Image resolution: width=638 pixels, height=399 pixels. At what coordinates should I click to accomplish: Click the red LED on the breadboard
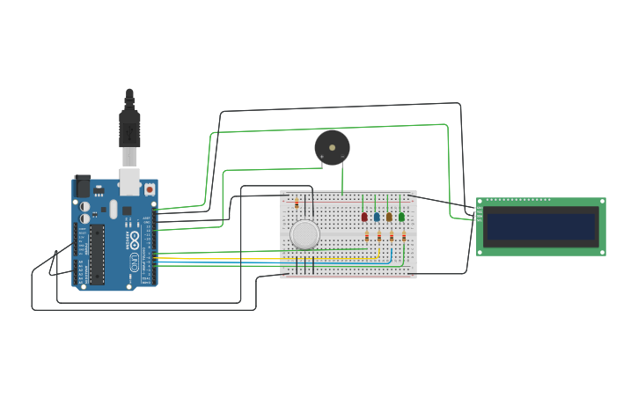[x=364, y=217]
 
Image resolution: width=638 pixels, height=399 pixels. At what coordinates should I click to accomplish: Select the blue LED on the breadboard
[x=377, y=217]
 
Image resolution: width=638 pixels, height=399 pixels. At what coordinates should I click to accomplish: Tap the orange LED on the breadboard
[x=389, y=217]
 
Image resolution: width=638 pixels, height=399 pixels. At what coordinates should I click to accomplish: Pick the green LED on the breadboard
[x=401, y=217]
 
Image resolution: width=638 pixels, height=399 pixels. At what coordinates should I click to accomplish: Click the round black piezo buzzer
[x=332, y=147]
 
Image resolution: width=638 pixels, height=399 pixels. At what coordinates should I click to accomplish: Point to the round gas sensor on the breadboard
[x=304, y=234]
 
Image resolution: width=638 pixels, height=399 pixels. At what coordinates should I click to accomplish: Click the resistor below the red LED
[x=367, y=236]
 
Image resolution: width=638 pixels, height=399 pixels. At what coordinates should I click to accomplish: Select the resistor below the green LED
[x=404, y=236]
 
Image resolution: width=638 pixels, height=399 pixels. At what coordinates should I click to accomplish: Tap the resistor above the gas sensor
[x=297, y=203]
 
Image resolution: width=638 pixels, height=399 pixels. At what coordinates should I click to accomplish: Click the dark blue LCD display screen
[x=541, y=226]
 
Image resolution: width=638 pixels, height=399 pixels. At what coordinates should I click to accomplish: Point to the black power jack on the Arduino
[x=83, y=187]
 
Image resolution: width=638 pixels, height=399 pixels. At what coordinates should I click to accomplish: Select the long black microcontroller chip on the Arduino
[x=97, y=254]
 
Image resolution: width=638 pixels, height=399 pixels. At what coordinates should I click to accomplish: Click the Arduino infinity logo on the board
[x=134, y=240]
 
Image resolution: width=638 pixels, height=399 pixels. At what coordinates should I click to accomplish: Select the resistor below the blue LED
[x=379, y=236]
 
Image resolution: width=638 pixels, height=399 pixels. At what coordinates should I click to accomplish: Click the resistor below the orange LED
[x=392, y=236]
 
